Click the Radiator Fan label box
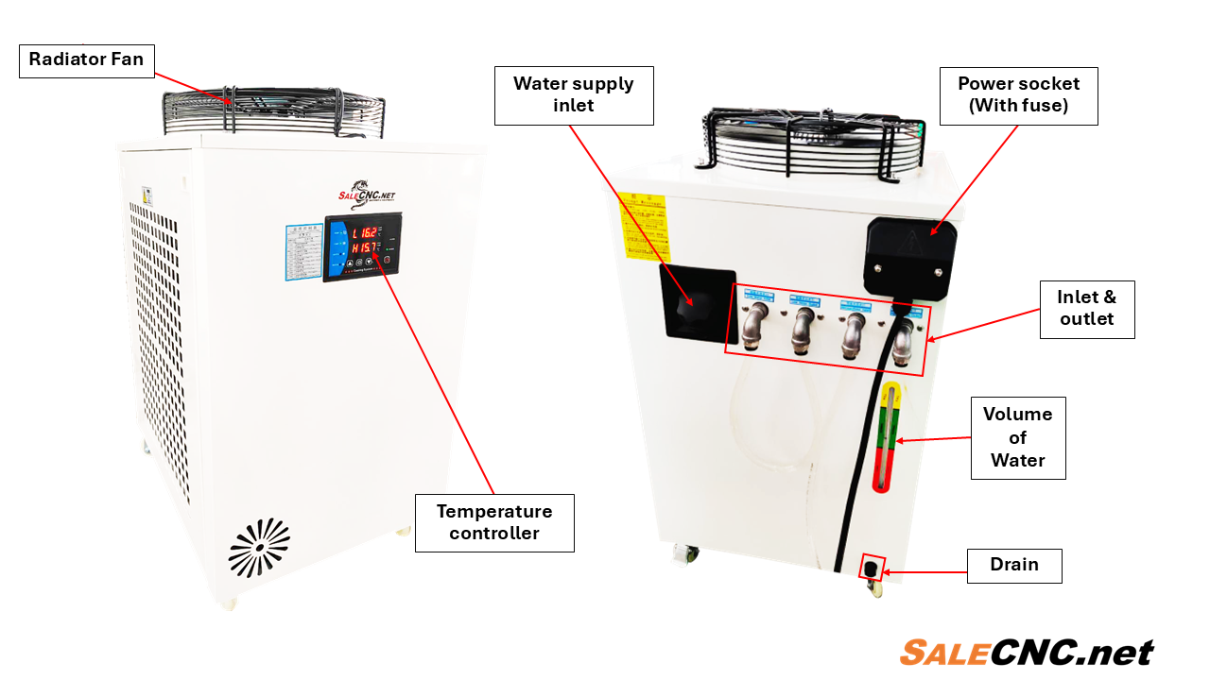(86, 60)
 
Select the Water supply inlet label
(574, 95)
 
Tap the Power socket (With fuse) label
(1018, 95)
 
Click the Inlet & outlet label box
(1087, 309)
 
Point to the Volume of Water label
(1018, 437)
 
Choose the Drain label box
(1014, 565)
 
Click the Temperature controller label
(493, 522)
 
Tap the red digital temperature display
(364, 240)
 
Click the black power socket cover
(910, 255)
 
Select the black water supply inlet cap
(698, 302)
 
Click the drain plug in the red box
(870, 569)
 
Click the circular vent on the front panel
(258, 547)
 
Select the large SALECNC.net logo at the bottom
(1027, 653)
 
